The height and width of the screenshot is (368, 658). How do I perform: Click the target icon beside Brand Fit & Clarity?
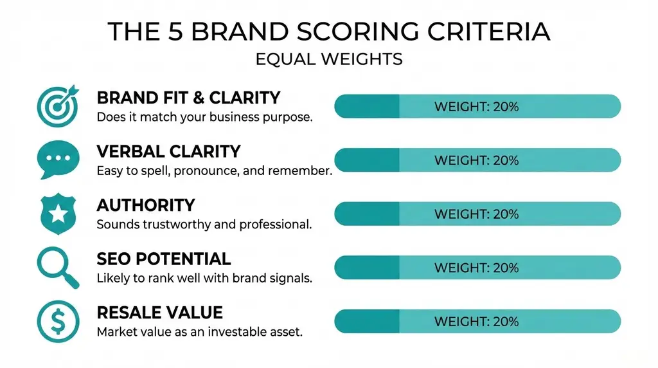(x=58, y=106)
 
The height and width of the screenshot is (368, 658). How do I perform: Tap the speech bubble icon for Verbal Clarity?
(x=58, y=160)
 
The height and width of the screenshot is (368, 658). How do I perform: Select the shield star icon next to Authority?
(x=58, y=214)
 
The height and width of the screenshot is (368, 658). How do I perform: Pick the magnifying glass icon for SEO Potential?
(x=58, y=268)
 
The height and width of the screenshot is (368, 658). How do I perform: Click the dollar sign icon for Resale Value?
(x=58, y=321)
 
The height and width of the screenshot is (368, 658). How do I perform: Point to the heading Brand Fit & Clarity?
(x=188, y=98)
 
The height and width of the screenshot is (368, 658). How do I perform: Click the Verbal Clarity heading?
(x=168, y=152)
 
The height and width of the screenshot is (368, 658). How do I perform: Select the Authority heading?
(x=145, y=205)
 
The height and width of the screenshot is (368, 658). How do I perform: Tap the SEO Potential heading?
(x=163, y=259)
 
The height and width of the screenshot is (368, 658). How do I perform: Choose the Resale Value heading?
(x=159, y=313)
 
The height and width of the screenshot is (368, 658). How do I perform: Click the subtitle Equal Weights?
(x=329, y=60)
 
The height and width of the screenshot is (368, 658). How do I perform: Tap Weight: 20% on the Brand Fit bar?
(x=476, y=106)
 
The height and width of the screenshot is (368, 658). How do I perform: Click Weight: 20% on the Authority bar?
(x=476, y=214)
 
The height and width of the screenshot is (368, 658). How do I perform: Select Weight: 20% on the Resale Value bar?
(x=476, y=320)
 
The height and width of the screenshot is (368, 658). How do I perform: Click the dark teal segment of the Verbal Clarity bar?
(x=367, y=160)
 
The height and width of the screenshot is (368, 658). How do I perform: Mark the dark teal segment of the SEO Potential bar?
(x=367, y=267)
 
